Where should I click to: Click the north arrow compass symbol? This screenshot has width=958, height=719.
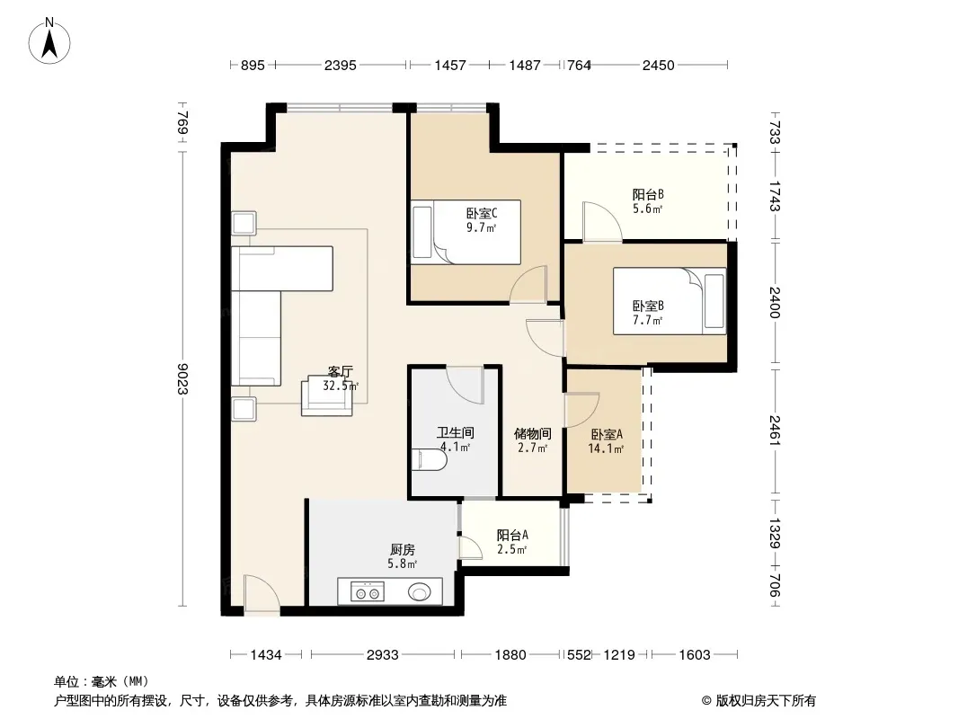(49, 40)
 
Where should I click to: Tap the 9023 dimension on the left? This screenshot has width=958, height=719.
(182, 378)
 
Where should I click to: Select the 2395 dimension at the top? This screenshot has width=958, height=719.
(341, 65)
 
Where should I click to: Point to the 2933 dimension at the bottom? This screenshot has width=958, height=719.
(383, 655)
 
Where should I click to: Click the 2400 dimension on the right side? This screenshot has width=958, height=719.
(775, 302)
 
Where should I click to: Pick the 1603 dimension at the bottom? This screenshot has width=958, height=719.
(695, 655)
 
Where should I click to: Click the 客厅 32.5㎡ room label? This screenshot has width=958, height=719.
(341, 378)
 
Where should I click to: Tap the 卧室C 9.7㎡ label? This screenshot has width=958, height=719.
(482, 220)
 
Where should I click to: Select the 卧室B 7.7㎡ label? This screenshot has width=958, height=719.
(648, 313)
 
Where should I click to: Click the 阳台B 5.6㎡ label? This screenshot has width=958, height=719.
(648, 201)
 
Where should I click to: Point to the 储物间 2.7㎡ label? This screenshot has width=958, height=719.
(533, 440)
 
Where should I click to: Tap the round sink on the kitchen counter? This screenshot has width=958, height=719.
(419, 591)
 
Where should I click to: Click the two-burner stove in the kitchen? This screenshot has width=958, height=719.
(368, 591)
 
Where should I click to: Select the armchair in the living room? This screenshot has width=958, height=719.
(327, 396)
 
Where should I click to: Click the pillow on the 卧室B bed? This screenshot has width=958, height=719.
(714, 301)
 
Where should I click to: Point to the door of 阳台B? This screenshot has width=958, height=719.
(602, 220)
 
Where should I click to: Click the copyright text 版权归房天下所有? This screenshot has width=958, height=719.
(766, 701)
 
